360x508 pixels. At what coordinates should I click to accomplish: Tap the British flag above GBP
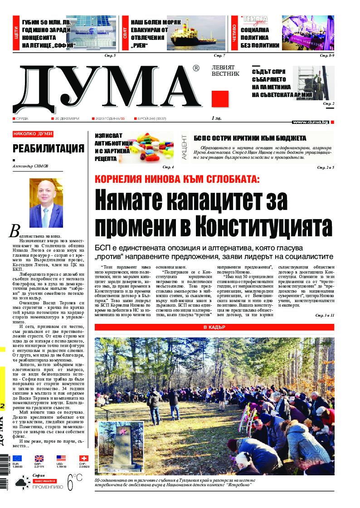point(39,459)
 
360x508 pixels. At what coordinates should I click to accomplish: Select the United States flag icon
point(61,459)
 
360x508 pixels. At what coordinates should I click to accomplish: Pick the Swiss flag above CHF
point(83,459)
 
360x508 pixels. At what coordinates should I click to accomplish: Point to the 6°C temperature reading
point(75,482)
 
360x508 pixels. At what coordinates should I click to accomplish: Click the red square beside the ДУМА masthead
point(220,99)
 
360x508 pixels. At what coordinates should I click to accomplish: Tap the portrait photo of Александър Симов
point(46,203)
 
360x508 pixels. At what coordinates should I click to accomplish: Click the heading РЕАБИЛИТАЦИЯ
point(49,148)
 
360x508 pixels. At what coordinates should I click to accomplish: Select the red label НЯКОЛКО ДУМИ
point(33,134)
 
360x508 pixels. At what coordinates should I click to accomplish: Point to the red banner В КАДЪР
point(214,327)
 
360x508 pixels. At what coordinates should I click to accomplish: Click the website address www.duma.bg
point(310,122)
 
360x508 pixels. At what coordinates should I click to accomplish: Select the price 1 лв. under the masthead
point(217,118)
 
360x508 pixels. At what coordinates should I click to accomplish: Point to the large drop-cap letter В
point(15,231)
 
